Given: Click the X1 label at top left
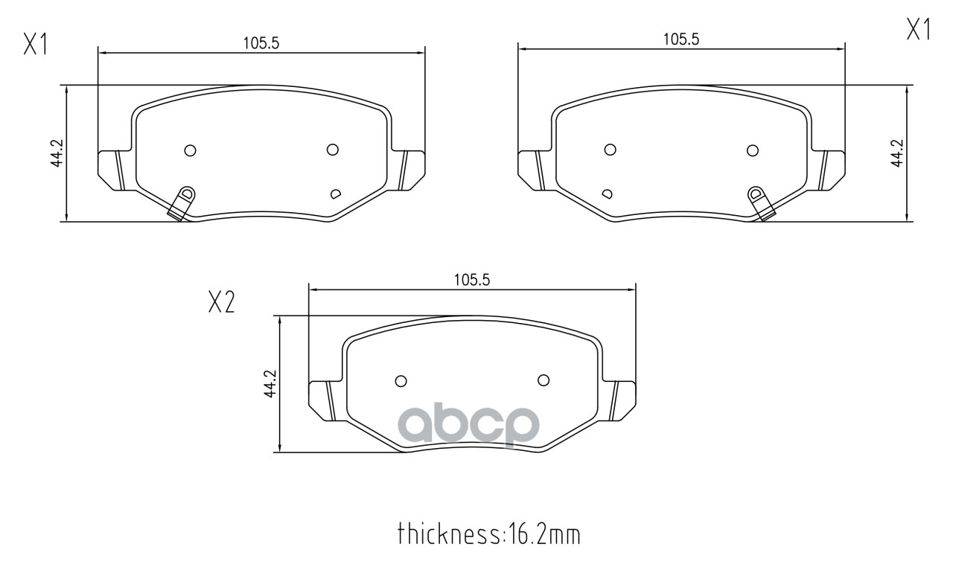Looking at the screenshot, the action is [x=36, y=45].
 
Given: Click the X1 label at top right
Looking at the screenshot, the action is [x=919, y=29].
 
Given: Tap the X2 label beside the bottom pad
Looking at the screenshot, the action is [x=221, y=302].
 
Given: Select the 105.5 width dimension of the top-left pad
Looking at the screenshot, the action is [x=261, y=43].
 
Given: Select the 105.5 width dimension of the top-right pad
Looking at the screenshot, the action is [x=681, y=39].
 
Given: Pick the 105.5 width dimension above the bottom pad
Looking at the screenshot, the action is [x=472, y=280].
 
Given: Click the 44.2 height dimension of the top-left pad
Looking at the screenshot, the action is [x=57, y=153].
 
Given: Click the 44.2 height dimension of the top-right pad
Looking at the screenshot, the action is [x=897, y=153].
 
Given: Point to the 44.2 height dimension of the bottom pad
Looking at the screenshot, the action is [x=270, y=384].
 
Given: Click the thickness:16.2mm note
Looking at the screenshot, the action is [x=489, y=534].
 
